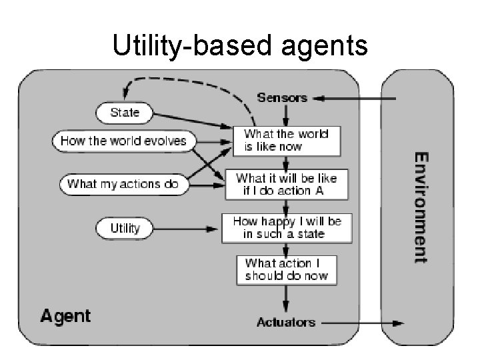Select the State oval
(x=125, y=113)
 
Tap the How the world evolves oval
(x=123, y=141)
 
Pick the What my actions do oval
(x=123, y=184)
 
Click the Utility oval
(x=125, y=229)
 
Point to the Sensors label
(x=282, y=98)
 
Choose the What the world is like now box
(x=286, y=140)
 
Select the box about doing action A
(x=286, y=185)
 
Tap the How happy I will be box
(x=287, y=227)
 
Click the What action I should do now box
(x=287, y=269)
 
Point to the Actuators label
(x=286, y=323)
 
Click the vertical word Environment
(x=421, y=207)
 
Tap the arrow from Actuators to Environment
(x=360, y=323)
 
